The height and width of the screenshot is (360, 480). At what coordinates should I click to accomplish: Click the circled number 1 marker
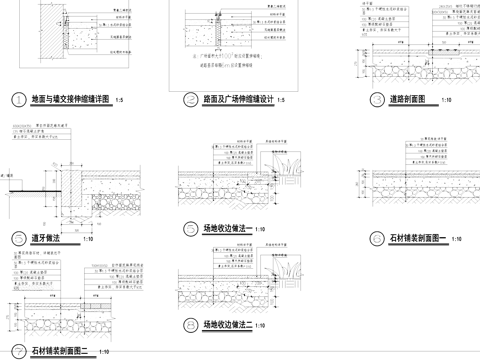16,100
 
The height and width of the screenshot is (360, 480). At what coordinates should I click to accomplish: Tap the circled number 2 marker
189,100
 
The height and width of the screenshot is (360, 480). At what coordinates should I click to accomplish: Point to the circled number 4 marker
16,239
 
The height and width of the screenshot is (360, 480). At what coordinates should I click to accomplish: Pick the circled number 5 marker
189,229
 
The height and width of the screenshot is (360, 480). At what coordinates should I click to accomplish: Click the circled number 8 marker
189,325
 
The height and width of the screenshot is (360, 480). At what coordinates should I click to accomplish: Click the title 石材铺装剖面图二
63,351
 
